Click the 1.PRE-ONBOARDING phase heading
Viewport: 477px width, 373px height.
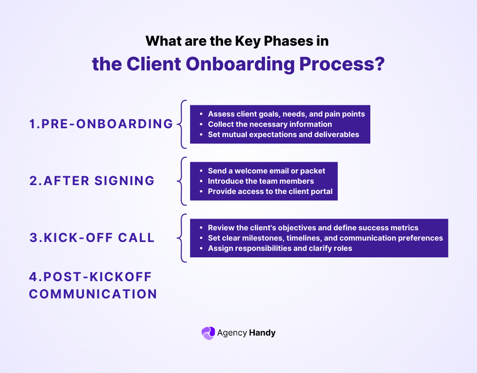click(101, 124)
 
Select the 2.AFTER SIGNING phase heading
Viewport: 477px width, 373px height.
click(92, 181)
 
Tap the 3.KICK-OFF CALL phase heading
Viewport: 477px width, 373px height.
click(92, 237)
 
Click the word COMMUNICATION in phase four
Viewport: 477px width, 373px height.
click(93, 294)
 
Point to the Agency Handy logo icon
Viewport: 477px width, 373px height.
click(208, 333)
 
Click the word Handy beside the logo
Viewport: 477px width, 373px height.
click(262, 333)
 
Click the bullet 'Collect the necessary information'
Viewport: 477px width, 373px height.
click(270, 124)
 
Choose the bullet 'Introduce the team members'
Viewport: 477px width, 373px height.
click(260, 181)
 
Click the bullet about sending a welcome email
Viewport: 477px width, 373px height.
click(266, 171)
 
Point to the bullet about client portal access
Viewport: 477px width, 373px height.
click(270, 191)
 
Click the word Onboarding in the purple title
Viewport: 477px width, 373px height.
click(241, 64)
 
